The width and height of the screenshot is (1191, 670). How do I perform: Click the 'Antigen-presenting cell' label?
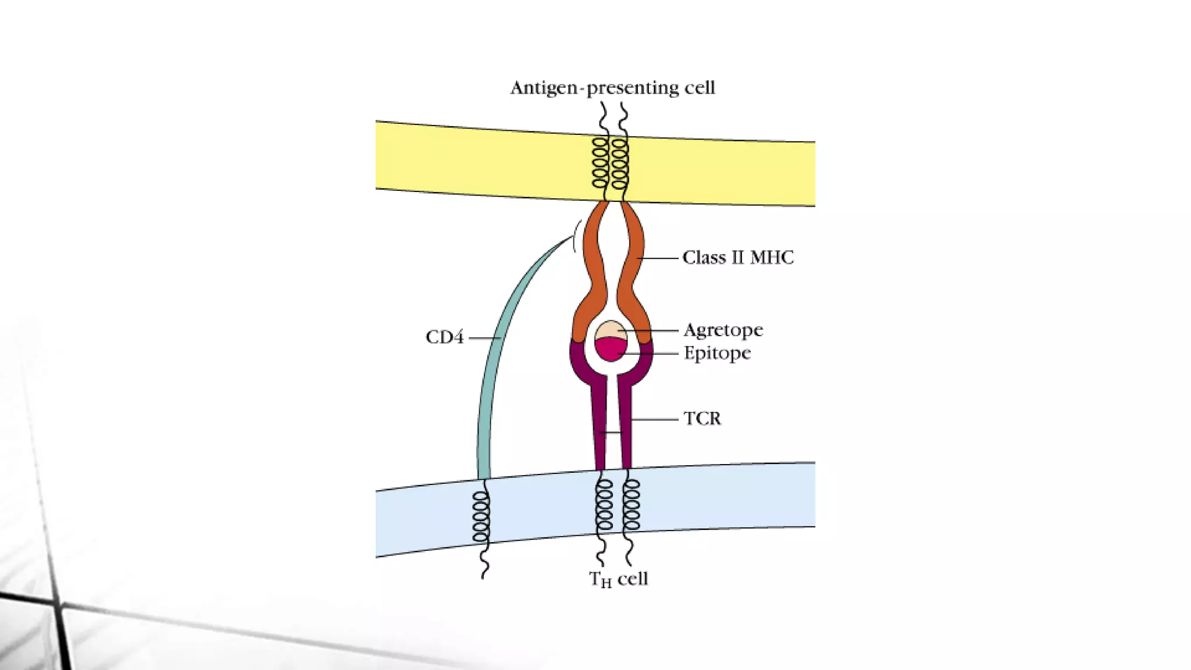[x=612, y=88]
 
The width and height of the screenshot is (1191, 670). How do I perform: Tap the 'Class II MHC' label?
[x=737, y=258]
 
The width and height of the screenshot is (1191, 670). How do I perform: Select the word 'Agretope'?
[x=723, y=330]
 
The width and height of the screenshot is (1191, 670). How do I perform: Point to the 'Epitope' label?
[x=716, y=353]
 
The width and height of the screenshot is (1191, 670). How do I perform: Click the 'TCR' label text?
[x=702, y=419]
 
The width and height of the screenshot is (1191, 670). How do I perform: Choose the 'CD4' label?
[x=444, y=337]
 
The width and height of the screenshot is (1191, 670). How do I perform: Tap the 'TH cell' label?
[x=618, y=579]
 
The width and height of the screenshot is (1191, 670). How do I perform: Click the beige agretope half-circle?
[x=609, y=330]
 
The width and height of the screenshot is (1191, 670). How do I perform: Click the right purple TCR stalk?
[x=625, y=425]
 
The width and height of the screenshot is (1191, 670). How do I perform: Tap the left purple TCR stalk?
[x=600, y=425]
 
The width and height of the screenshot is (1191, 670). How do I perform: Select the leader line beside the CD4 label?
[x=484, y=338]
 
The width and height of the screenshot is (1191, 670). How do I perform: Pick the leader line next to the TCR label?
[x=654, y=419]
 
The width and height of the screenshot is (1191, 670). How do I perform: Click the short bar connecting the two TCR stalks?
[x=612, y=432]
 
